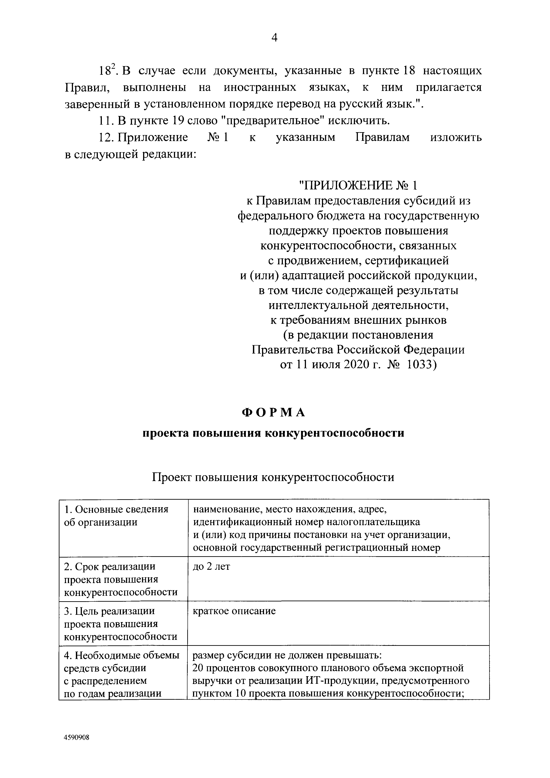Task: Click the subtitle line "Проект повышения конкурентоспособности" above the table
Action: pyautogui.click(x=273, y=477)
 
